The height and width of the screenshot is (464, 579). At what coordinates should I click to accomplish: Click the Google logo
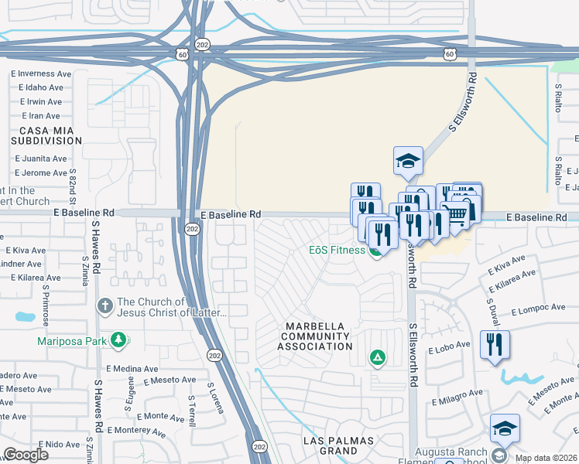[x=25, y=454]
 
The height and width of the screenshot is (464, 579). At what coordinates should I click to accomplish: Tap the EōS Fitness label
[x=337, y=250]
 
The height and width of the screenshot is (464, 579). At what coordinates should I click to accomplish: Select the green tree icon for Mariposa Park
[x=118, y=339]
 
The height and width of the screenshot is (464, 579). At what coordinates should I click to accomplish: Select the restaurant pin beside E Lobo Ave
[x=495, y=344]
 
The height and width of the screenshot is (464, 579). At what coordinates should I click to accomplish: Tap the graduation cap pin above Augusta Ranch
[x=504, y=428]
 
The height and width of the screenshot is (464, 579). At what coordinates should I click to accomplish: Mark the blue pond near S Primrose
[x=25, y=316]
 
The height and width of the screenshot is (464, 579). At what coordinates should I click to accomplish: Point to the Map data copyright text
[x=546, y=458]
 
